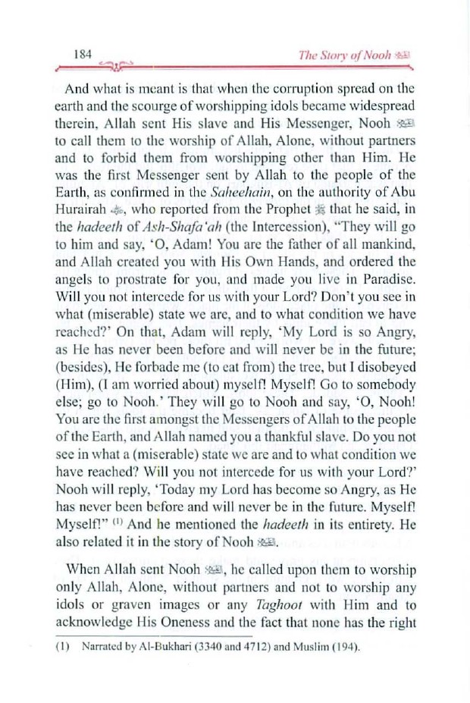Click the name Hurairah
click(x=89, y=214)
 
